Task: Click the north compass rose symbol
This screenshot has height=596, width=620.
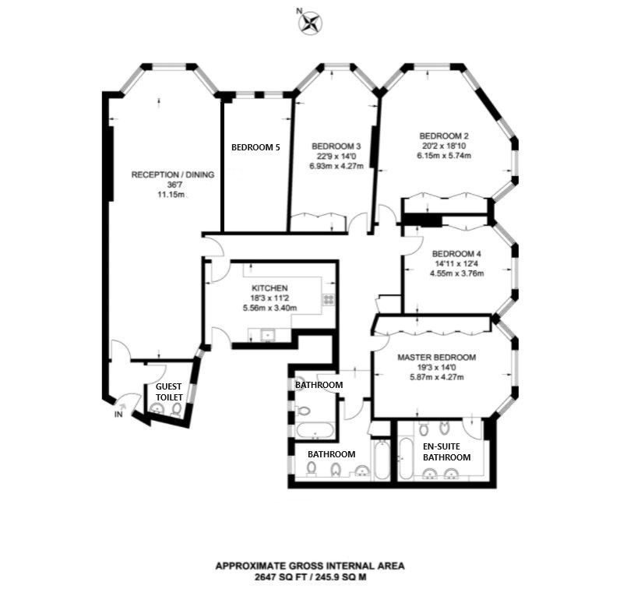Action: tap(310, 22)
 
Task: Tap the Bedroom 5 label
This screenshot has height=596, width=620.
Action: tap(255, 147)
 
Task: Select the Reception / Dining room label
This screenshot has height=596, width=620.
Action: tap(173, 175)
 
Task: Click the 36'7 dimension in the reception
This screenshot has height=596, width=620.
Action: tap(173, 185)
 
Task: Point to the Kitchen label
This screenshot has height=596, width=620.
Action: tap(269, 288)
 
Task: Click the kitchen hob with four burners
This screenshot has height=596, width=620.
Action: tap(329, 299)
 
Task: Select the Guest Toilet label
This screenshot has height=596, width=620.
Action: tap(169, 392)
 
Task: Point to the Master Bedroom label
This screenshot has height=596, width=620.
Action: tap(436, 358)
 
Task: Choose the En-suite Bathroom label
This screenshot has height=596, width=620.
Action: tap(447, 452)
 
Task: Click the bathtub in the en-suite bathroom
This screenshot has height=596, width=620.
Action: tap(406, 459)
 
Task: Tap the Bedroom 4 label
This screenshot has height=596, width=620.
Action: tap(456, 254)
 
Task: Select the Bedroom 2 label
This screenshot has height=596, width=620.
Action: tap(444, 136)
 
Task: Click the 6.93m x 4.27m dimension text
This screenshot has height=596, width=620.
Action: tap(336, 166)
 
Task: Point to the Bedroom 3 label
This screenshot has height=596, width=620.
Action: tap(336, 146)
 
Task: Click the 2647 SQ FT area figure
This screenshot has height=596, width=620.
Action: tap(281, 577)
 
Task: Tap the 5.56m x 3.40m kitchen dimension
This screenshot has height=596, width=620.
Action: tap(269, 308)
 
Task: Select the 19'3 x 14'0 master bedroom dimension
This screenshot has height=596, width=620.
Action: tap(436, 368)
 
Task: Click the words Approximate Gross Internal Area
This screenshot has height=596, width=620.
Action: tap(310, 566)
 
